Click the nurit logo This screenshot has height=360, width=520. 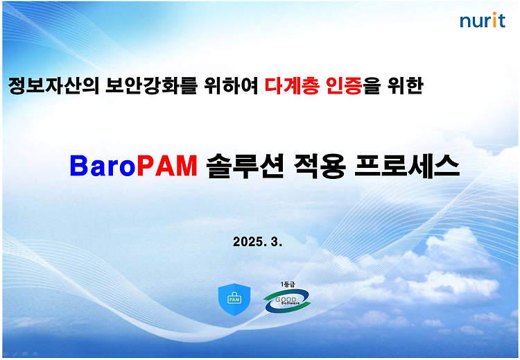[482, 20]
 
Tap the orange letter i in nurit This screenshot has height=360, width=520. [494, 20]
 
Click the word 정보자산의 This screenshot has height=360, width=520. [53, 86]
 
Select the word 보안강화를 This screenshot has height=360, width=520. [152, 86]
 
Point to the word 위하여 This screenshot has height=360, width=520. [231, 86]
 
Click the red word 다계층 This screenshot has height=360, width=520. [292, 86]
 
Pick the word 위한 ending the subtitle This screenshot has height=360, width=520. [406, 86]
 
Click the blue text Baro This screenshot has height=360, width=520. [103, 166]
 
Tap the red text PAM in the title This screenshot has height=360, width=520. [167, 166]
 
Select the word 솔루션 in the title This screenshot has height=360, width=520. [245, 166]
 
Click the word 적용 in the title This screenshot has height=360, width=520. [320, 166]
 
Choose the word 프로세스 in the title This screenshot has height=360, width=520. [407, 166]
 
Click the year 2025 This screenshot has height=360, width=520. [248, 241]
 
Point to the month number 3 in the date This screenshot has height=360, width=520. [275, 241]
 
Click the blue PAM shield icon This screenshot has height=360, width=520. [234, 300]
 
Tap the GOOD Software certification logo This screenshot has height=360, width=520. [287, 300]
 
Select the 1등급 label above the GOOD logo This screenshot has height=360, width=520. [288, 284]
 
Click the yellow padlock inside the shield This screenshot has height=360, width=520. [234, 298]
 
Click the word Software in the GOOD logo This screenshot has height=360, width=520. [291, 303]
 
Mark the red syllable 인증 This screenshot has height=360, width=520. [344, 86]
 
